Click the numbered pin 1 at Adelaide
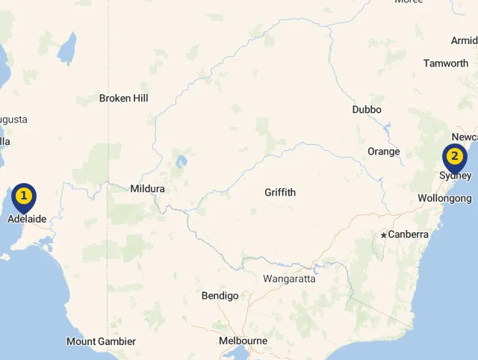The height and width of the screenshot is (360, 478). click(x=24, y=197)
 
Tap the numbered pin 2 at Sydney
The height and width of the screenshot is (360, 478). click(x=454, y=158)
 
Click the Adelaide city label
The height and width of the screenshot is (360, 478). click(x=27, y=220)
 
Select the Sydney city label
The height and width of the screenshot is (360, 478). click(x=455, y=176)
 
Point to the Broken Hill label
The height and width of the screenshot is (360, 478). click(x=124, y=99)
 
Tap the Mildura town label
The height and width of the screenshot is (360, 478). click(x=147, y=189)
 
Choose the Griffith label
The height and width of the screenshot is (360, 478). click(x=280, y=193)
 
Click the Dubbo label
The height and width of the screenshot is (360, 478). click(x=367, y=110)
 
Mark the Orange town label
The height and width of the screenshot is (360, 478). click(x=384, y=152)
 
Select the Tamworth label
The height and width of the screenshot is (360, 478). click(x=446, y=63)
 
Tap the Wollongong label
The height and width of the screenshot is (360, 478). click(x=444, y=199)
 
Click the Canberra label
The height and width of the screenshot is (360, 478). click(x=409, y=235)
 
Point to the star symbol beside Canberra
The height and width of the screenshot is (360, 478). click(x=384, y=235)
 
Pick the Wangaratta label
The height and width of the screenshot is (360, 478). click(x=289, y=279)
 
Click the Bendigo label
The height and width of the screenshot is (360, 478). click(x=220, y=297)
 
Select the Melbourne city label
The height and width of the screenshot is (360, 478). click(x=243, y=341)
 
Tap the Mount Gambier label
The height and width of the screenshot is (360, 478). click(x=102, y=342)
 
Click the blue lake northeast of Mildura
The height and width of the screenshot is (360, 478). click(x=181, y=161)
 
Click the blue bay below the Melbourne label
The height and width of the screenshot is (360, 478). click(x=238, y=353)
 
